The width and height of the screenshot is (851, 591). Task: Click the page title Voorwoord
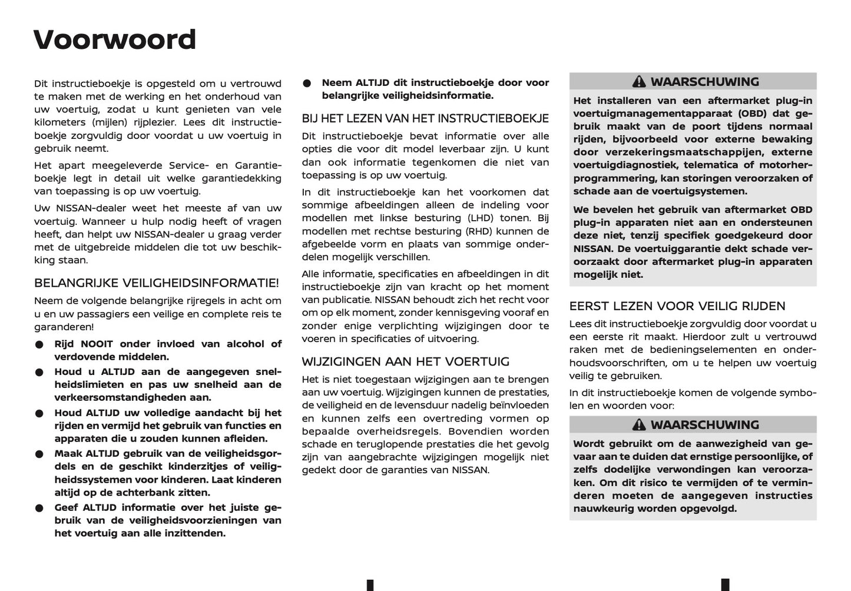[115, 40]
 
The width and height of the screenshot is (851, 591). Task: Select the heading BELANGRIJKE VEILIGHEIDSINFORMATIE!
[157, 283]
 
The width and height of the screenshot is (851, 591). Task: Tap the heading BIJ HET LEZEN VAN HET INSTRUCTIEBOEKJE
[425, 118]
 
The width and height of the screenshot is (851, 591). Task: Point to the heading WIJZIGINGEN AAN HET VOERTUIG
[405, 361]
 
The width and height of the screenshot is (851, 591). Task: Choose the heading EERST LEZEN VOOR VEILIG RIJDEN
[677, 306]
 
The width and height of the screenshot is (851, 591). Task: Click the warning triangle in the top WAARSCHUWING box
[639, 82]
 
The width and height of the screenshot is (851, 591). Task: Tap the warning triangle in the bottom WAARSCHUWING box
[639, 425]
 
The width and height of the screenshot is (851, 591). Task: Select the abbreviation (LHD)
[480, 218]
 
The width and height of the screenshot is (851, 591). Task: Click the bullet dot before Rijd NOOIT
[39, 344]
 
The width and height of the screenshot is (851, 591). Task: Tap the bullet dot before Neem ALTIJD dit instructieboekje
[307, 84]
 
